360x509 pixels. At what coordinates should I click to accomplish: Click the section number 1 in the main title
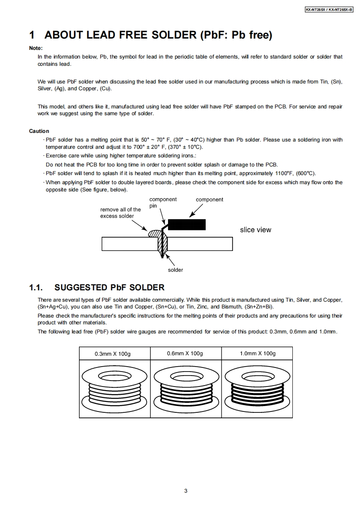click(x=32, y=35)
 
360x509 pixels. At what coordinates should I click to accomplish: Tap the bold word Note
click(x=36, y=48)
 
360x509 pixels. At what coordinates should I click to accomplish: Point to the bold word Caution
click(x=39, y=131)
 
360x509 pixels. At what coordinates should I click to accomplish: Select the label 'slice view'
click(x=256, y=230)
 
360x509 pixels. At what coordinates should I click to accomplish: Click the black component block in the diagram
click(x=187, y=224)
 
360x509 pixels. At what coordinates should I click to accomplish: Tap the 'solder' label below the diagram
click(x=175, y=270)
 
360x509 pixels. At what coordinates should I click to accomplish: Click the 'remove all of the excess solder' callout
click(x=120, y=213)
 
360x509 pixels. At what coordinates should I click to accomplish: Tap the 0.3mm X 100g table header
click(x=113, y=354)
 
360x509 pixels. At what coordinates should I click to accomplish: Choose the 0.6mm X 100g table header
click(x=185, y=354)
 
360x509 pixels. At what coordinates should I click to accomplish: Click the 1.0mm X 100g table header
click(x=257, y=354)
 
